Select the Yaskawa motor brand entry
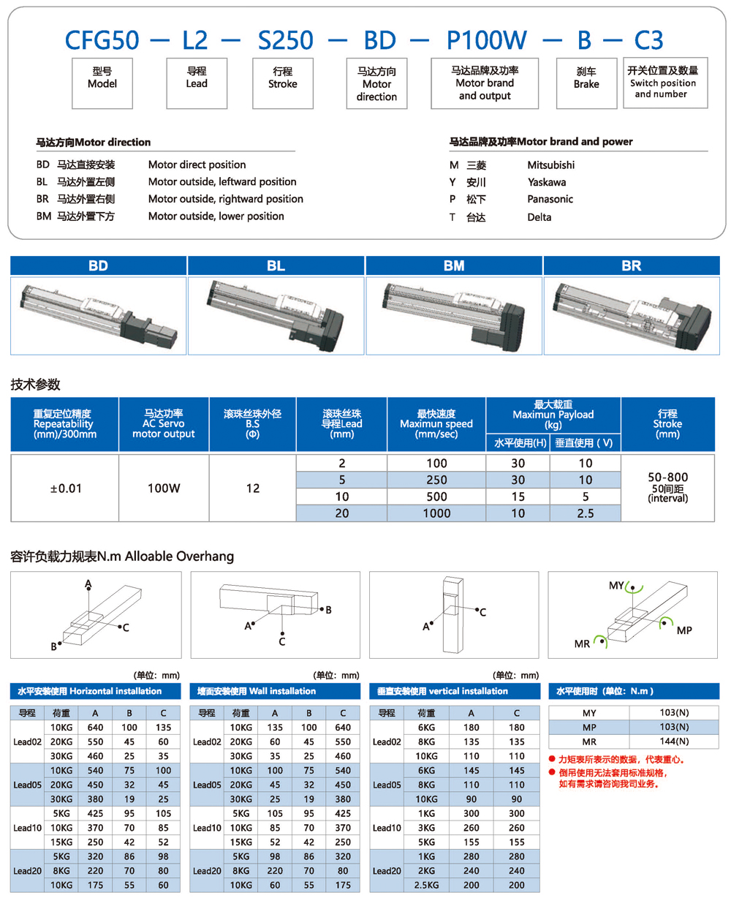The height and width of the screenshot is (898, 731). click(546, 182)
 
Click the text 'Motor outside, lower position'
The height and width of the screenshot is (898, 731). click(216, 216)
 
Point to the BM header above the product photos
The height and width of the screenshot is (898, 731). click(454, 267)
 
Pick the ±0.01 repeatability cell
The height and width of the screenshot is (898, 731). click(64, 488)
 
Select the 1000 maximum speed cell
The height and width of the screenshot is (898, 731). click(436, 514)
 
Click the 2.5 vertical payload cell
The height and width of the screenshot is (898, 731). click(584, 514)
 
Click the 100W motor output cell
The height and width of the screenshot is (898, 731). click(164, 488)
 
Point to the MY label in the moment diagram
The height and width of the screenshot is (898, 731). click(616, 586)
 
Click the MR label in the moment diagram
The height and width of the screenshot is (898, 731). click(582, 644)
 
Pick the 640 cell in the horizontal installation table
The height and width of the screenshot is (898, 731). click(95, 727)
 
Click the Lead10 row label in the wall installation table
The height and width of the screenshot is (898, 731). click(207, 828)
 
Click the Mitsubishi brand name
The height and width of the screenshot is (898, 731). click(550, 165)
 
